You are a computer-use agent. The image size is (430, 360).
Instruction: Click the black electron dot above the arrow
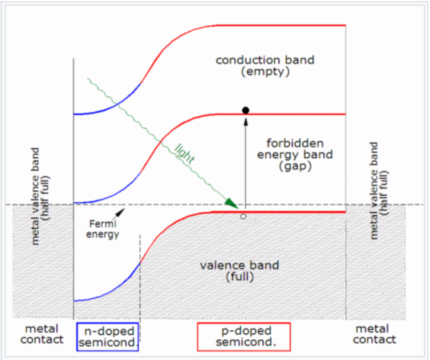(x=246, y=109)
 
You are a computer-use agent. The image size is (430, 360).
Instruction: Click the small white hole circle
(x=244, y=216)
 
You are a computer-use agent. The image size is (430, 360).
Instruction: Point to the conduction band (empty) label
(x=264, y=66)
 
